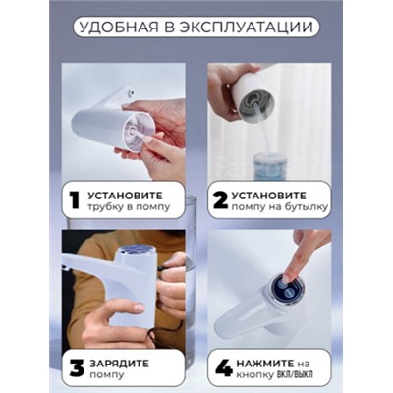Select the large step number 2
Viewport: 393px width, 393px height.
(x=220, y=200)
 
